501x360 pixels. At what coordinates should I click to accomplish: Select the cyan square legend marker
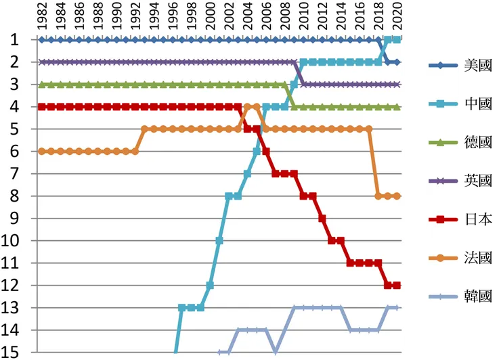[x=443, y=105]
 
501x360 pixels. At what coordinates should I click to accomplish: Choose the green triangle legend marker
[x=443, y=143]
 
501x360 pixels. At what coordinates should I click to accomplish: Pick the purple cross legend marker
[x=443, y=181]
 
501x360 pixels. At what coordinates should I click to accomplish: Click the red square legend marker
[x=443, y=220]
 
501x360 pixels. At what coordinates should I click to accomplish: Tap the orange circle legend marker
[x=443, y=258]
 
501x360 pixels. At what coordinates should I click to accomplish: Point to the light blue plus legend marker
[x=443, y=296]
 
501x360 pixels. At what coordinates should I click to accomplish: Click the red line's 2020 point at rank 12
[x=397, y=285]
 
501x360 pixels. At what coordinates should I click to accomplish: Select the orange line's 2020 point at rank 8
[x=397, y=196]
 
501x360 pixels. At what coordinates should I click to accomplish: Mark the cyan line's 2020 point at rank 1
[x=397, y=40]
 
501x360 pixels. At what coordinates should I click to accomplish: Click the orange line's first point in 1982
[x=42, y=152]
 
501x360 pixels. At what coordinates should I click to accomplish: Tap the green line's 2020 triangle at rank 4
[x=397, y=107]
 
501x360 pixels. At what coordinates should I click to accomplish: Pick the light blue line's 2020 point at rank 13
[x=397, y=307]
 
